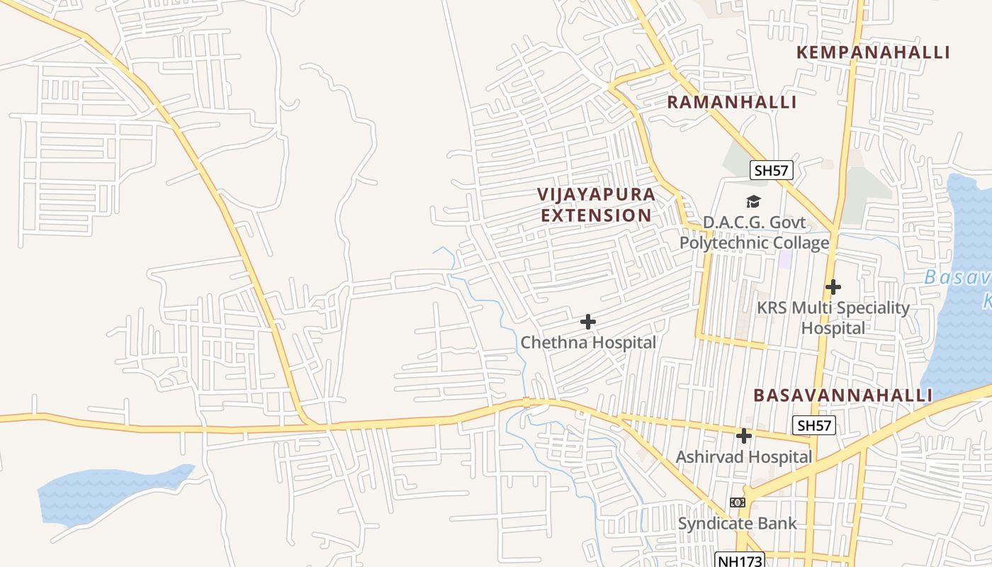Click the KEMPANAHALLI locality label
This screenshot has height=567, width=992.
[872, 52]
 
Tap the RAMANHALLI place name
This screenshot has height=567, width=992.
[732, 102]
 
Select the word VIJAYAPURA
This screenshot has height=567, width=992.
[596, 194]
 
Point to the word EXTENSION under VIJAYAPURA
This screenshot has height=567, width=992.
[596, 215]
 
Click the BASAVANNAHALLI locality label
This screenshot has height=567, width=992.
[842, 395]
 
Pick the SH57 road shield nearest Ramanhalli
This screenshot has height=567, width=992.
[771, 170]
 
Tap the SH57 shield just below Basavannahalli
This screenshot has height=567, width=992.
[814, 425]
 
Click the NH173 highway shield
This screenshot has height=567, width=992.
[740, 561]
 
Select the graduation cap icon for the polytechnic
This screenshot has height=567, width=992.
[753, 202]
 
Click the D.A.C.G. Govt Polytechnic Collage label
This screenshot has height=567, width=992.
[754, 232]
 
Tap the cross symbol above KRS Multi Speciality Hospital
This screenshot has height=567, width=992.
[833, 287]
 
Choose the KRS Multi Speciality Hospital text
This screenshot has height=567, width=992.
[833, 318]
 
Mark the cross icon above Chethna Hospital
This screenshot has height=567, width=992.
[587, 322]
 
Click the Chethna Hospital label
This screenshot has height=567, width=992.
[588, 342]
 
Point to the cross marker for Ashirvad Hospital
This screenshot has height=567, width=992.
[743, 436]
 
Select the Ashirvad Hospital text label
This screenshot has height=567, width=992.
[743, 457]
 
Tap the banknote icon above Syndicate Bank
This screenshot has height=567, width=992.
[738, 503]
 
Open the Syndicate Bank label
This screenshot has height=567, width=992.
[738, 524]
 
